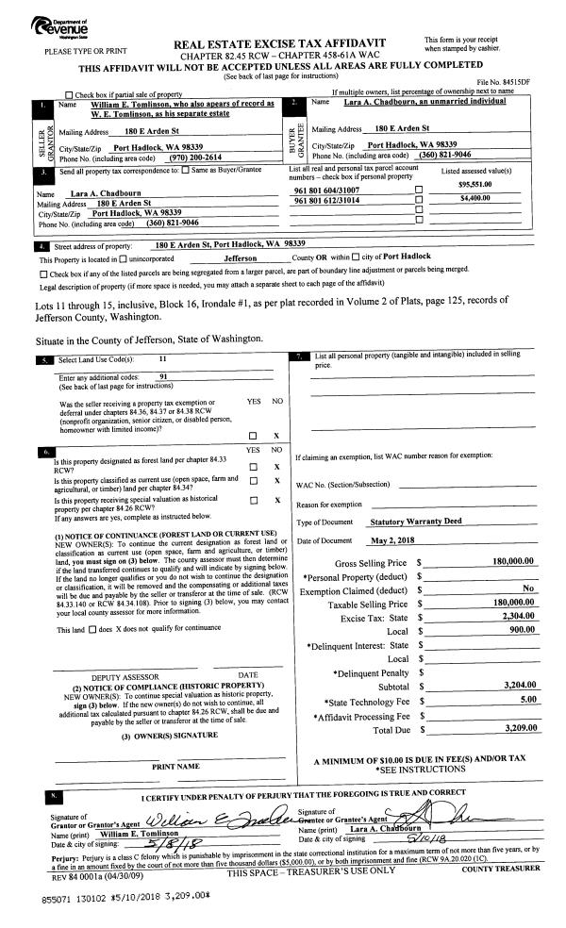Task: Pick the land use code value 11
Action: tap(162, 359)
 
